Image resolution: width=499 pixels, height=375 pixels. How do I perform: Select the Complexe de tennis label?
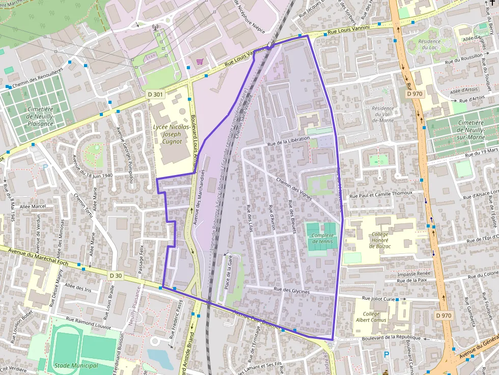(x=322, y=238)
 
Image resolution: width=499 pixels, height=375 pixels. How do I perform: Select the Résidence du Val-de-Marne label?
(x=383, y=114)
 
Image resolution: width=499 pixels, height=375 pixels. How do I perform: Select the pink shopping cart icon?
(x=200, y=62)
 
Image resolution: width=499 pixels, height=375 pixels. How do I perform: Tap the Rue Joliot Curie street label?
(x=378, y=299)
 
